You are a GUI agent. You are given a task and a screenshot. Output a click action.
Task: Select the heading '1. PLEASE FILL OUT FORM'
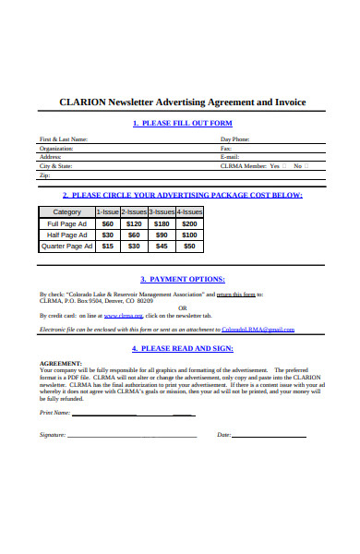click(x=182, y=123)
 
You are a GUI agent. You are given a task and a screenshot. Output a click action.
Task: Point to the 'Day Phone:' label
click(x=234, y=139)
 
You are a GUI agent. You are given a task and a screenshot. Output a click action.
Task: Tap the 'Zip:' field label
click(x=44, y=175)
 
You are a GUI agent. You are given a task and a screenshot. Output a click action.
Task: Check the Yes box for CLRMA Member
click(x=307, y=166)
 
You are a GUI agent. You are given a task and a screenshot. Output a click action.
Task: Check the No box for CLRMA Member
click(x=331, y=166)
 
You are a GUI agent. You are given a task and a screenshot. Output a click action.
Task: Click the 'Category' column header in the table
click(x=66, y=211)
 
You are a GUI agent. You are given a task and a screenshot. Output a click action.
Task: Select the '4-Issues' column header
click(x=189, y=211)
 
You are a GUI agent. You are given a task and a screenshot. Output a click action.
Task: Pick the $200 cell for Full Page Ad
click(x=189, y=223)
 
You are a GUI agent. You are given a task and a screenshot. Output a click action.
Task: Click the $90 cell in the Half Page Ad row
click(x=162, y=235)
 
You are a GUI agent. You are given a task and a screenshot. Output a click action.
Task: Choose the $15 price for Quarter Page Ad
click(x=108, y=247)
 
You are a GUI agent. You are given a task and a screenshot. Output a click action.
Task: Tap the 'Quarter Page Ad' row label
click(x=66, y=247)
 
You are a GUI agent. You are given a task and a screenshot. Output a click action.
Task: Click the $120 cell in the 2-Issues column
click(x=135, y=223)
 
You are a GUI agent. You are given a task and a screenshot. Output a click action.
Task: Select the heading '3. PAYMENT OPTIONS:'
click(x=182, y=279)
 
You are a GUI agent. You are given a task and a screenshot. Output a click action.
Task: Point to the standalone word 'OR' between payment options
click(x=182, y=307)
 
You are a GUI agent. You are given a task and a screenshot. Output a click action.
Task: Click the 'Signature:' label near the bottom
click(x=53, y=434)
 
